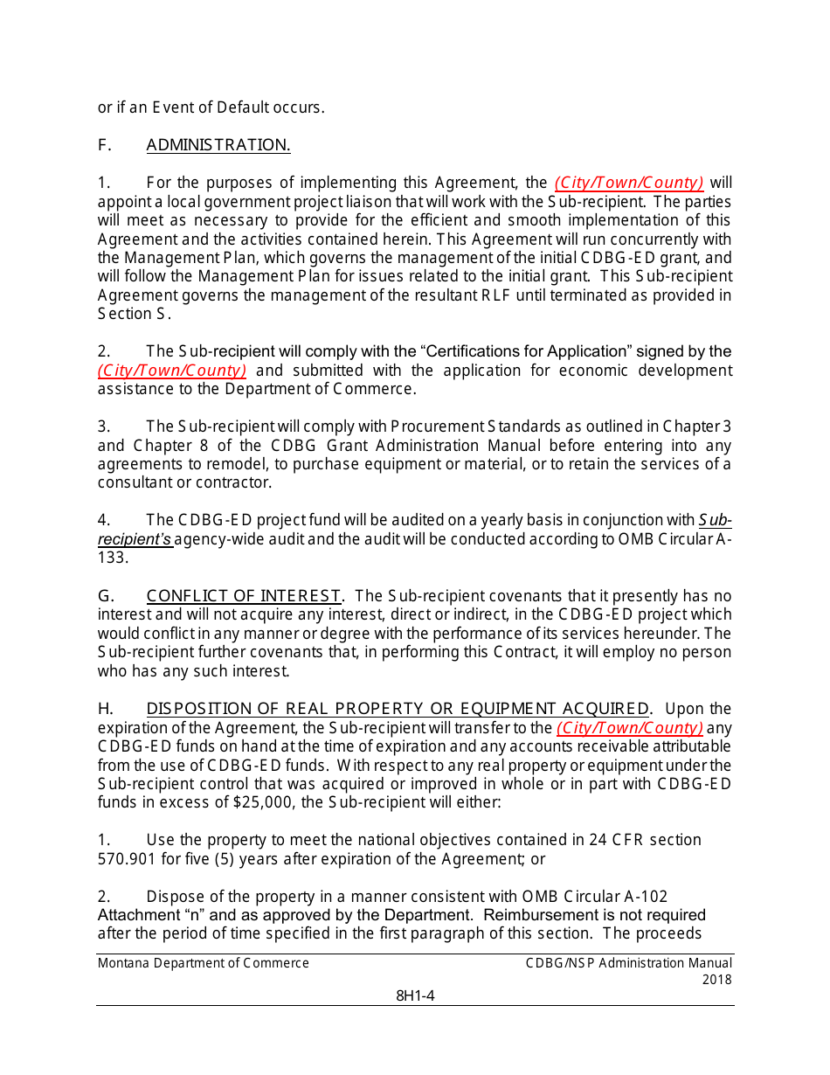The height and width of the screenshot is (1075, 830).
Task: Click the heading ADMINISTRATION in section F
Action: (218, 145)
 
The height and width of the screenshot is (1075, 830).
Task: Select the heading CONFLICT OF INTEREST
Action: (244, 596)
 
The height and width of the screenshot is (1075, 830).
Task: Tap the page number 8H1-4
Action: (415, 995)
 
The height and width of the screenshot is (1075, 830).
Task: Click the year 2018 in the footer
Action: (716, 980)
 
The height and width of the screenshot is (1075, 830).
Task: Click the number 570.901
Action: (127, 859)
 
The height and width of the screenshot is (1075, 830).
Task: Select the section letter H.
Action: (105, 709)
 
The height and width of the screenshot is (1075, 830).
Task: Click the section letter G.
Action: (106, 596)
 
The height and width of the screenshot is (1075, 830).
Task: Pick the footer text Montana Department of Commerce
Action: (204, 963)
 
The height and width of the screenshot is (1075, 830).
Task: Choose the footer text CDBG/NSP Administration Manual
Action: (629, 963)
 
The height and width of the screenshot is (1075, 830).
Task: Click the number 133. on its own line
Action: (113, 558)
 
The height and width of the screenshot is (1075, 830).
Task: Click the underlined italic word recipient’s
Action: (135, 539)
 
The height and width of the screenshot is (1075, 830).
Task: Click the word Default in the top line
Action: (247, 107)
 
